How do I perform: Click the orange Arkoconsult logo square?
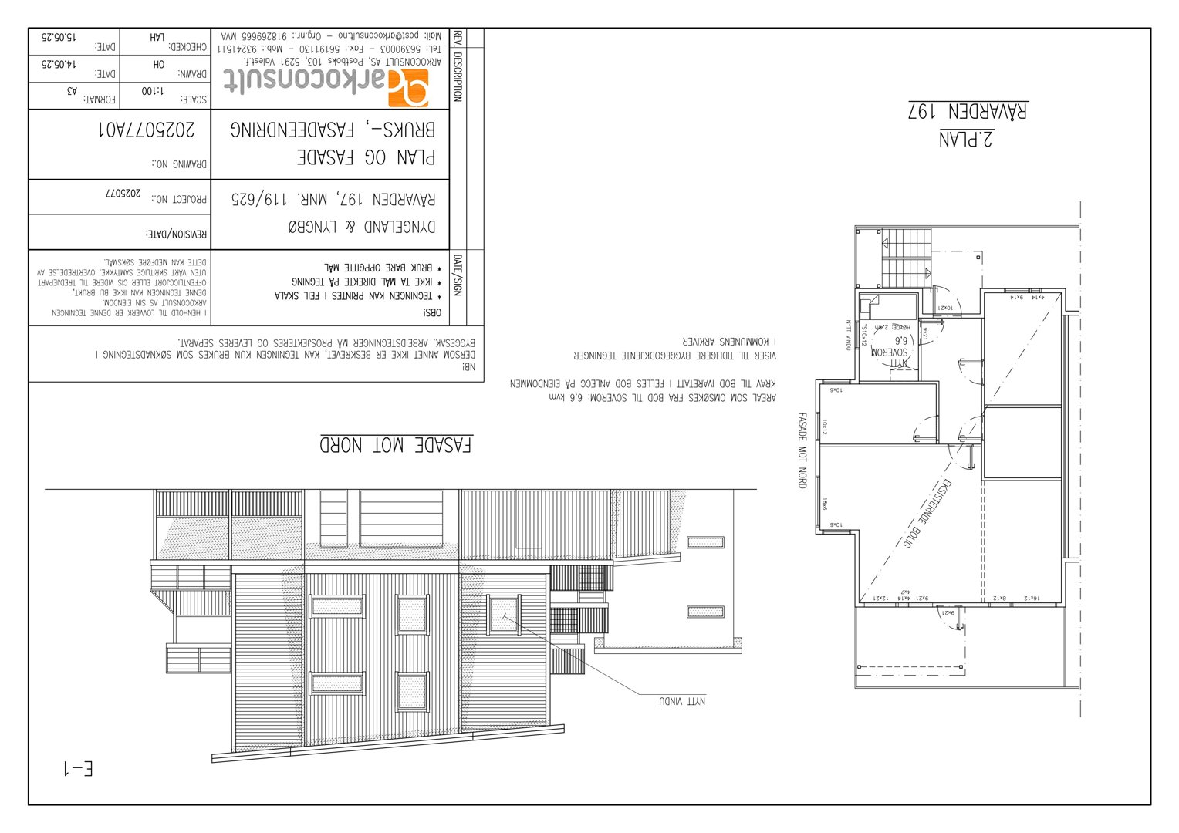tap(407, 87)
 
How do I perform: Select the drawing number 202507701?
tap(147, 129)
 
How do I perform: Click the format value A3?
tap(72, 91)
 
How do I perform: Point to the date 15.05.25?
tap(59, 37)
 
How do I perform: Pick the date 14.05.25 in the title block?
tap(59, 65)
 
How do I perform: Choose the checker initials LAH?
tap(157, 37)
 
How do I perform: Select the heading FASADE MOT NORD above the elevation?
tap(396, 445)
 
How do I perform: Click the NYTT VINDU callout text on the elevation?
tap(682, 701)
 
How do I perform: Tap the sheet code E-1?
tap(78, 768)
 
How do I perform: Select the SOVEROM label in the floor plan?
tap(892, 352)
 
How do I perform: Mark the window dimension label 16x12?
tap(1032, 598)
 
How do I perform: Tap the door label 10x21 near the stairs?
tap(945, 308)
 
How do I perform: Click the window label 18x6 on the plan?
tap(825, 504)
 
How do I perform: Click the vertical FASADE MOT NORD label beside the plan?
tap(802, 450)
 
